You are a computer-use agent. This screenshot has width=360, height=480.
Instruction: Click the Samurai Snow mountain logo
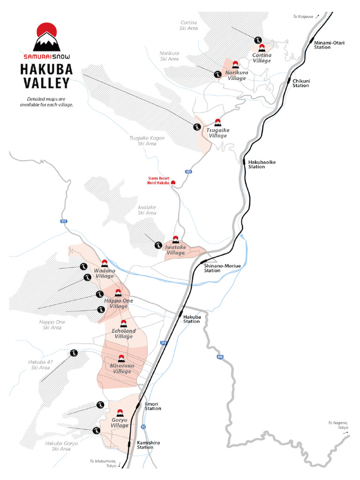(x=46, y=37)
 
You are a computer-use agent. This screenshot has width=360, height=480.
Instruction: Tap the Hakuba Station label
(x=191, y=319)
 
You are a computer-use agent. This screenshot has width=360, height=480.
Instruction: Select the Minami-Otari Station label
(x=329, y=45)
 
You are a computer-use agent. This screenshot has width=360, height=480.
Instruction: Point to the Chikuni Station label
(x=301, y=83)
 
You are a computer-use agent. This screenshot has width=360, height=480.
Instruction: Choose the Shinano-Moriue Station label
(x=222, y=268)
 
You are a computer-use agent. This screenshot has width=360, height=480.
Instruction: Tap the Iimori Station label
(x=153, y=406)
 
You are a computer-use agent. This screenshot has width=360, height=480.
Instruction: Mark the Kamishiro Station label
(x=145, y=444)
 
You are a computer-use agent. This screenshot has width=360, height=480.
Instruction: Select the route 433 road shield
(x=188, y=172)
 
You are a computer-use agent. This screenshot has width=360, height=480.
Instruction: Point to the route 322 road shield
(x=63, y=221)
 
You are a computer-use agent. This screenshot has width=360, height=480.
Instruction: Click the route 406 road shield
(x=220, y=357)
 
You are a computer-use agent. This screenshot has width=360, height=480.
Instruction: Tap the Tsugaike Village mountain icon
(x=217, y=123)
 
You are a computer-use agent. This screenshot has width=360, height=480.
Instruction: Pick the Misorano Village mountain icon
(x=121, y=359)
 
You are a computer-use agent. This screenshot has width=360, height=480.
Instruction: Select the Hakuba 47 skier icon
(x=74, y=353)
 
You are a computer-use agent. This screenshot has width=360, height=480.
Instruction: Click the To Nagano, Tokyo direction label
(x=338, y=425)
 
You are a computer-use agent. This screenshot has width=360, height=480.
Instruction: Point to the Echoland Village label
(x=124, y=334)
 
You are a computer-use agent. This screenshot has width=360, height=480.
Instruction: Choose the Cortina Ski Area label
(x=189, y=25)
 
